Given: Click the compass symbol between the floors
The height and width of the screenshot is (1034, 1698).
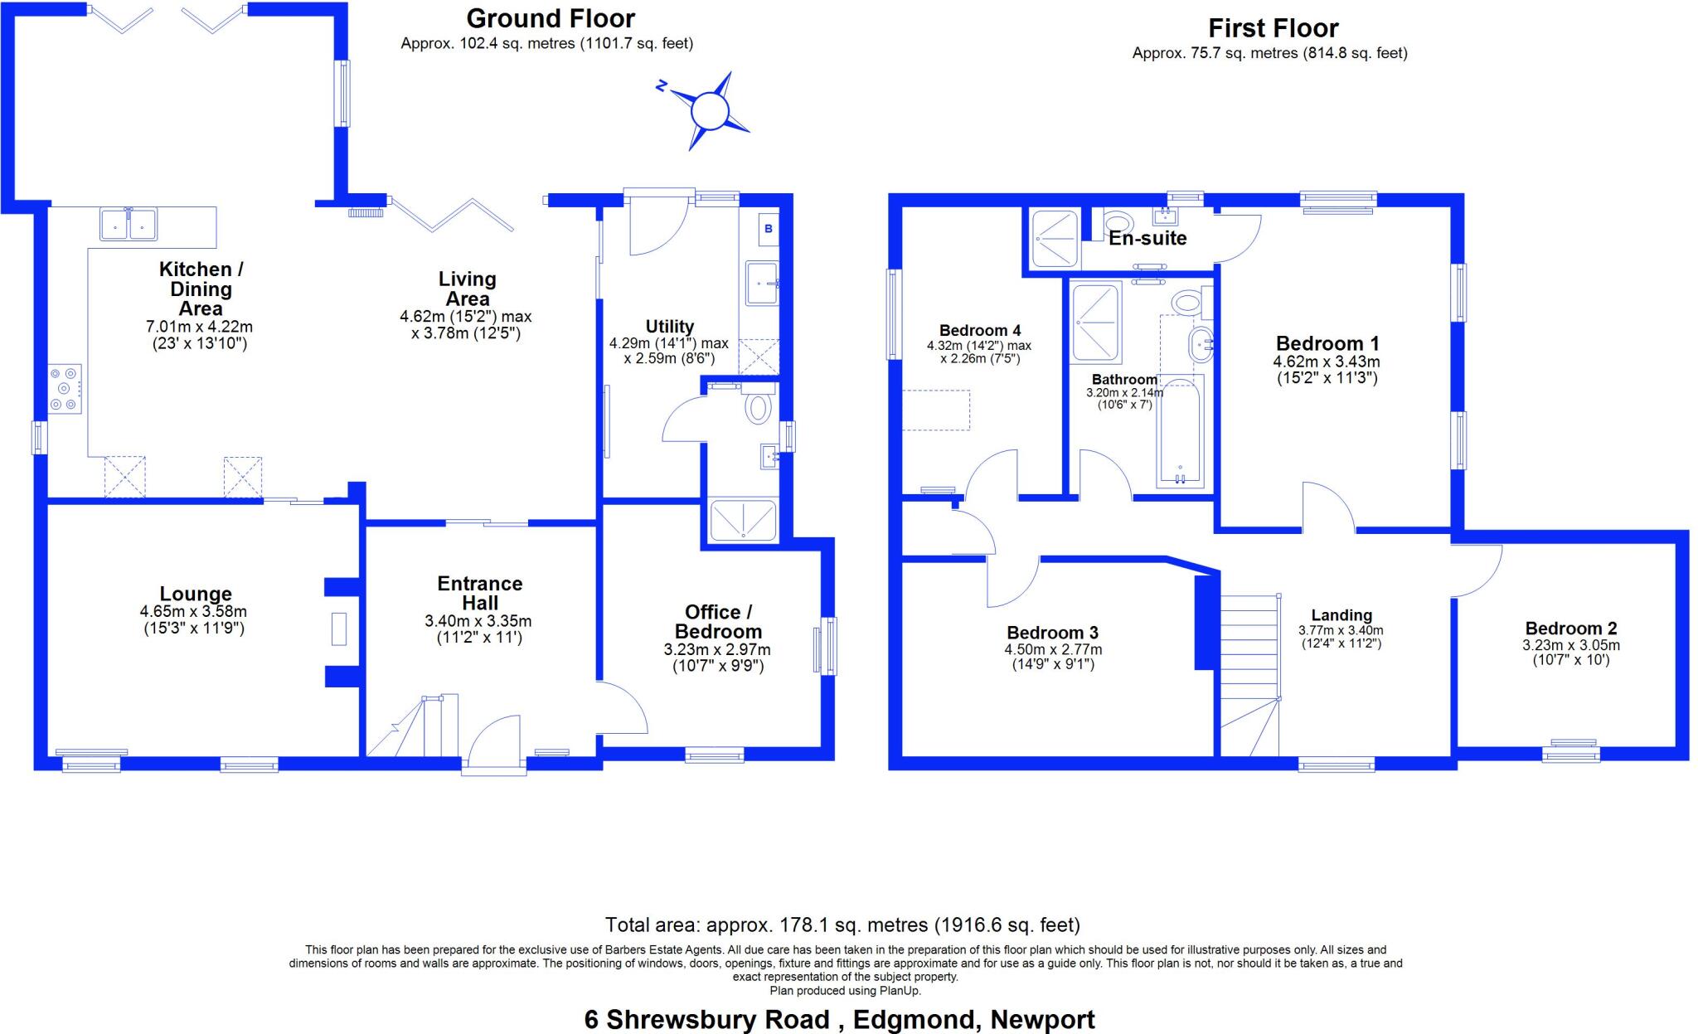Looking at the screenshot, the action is coord(709,110).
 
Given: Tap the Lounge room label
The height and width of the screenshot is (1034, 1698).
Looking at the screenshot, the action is coord(196,595).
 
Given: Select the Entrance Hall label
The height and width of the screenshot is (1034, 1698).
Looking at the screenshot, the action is coord(479,593).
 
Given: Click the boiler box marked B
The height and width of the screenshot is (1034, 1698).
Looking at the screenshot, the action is coord(769,228).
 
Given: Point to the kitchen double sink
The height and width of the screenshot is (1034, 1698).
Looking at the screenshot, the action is coord(129,224).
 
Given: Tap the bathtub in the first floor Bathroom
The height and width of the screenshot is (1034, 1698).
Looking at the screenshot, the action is coord(1179,432).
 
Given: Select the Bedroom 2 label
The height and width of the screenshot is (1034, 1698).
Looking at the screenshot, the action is coord(1570,629).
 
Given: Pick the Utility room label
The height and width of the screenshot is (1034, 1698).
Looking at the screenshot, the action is coord(669,327).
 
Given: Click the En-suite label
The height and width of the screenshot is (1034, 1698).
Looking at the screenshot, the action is coord(1147,239).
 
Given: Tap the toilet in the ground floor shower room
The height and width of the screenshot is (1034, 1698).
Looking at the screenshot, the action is coord(758,408).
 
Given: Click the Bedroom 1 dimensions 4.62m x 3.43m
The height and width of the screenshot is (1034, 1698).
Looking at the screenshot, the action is coord(1327,362).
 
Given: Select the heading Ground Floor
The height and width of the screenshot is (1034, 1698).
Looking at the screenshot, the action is coord(551,18).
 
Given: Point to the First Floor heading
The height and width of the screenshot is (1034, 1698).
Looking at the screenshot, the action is coord(1273,28).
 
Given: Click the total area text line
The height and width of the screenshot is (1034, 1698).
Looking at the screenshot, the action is coord(842,925).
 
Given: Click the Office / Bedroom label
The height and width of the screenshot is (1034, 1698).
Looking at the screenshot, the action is coord(718,621).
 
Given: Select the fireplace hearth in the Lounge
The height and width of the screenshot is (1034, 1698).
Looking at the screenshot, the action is coord(339,629).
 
